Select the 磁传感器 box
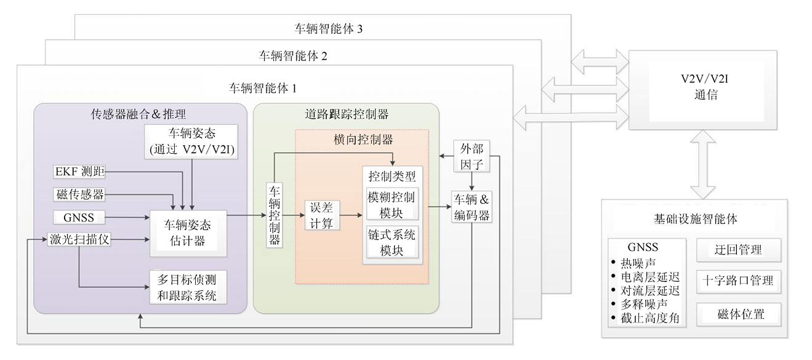coord(79,194)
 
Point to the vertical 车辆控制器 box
coord(275,214)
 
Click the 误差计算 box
coord(321,215)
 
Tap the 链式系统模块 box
coord(392,242)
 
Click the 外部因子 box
coord(472,156)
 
